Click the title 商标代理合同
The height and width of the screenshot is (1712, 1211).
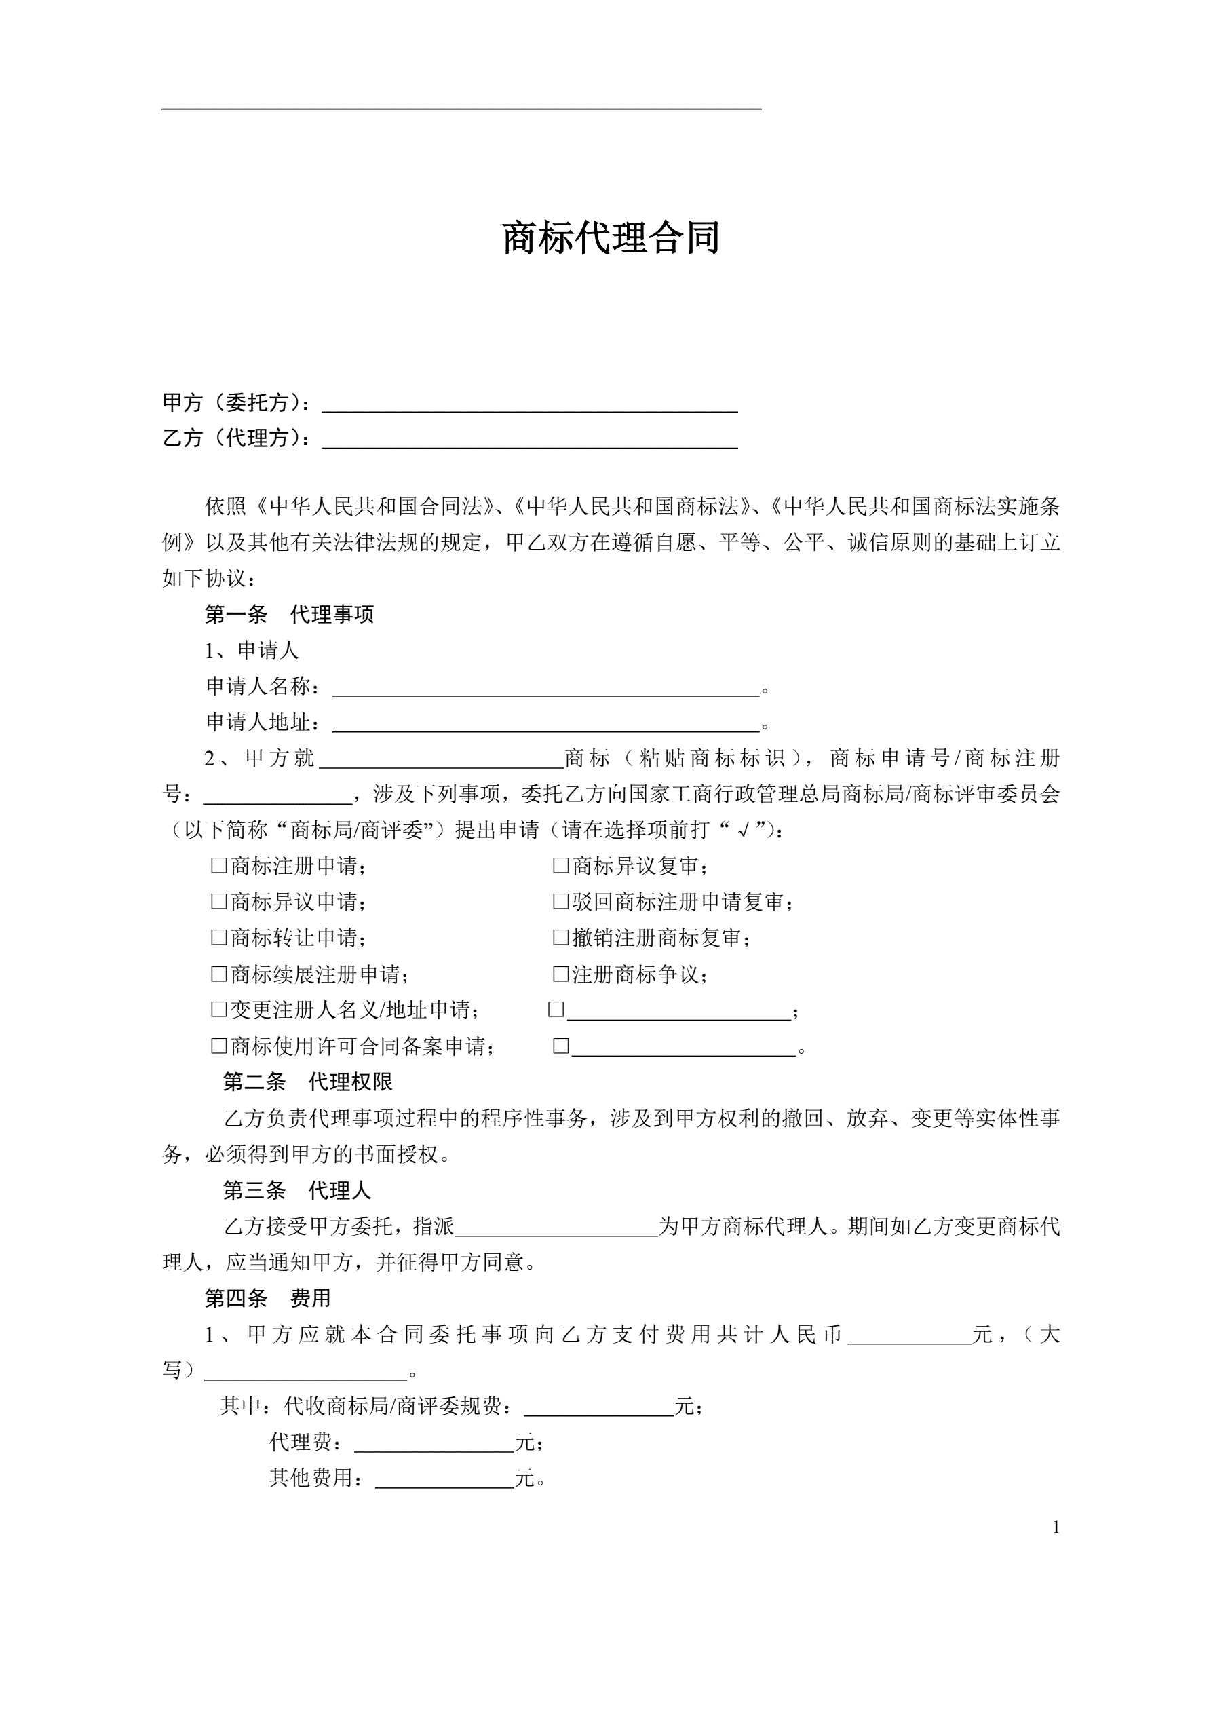point(611,238)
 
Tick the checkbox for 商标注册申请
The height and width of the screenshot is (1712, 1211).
point(218,865)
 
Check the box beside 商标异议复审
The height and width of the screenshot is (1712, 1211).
point(561,865)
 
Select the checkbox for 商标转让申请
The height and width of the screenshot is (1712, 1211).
point(218,937)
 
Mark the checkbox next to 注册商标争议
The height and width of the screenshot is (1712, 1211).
point(561,974)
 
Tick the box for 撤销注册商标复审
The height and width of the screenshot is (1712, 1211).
point(561,937)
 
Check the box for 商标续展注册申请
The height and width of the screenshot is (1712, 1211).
point(218,974)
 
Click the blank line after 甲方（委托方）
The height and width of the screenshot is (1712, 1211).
point(529,403)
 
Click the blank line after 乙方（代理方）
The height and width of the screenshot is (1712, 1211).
point(529,439)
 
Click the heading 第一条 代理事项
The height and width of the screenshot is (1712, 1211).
point(289,614)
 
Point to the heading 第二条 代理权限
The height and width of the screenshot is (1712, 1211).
point(307,1082)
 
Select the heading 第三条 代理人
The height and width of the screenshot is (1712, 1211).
point(296,1191)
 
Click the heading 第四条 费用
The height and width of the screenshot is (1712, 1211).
point(268,1298)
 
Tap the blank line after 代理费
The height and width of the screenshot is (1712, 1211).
point(434,1443)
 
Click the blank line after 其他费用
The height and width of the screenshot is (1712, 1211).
point(444,1479)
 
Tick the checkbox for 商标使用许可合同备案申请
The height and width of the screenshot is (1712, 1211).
point(218,1046)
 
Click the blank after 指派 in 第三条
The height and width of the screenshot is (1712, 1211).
point(556,1227)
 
